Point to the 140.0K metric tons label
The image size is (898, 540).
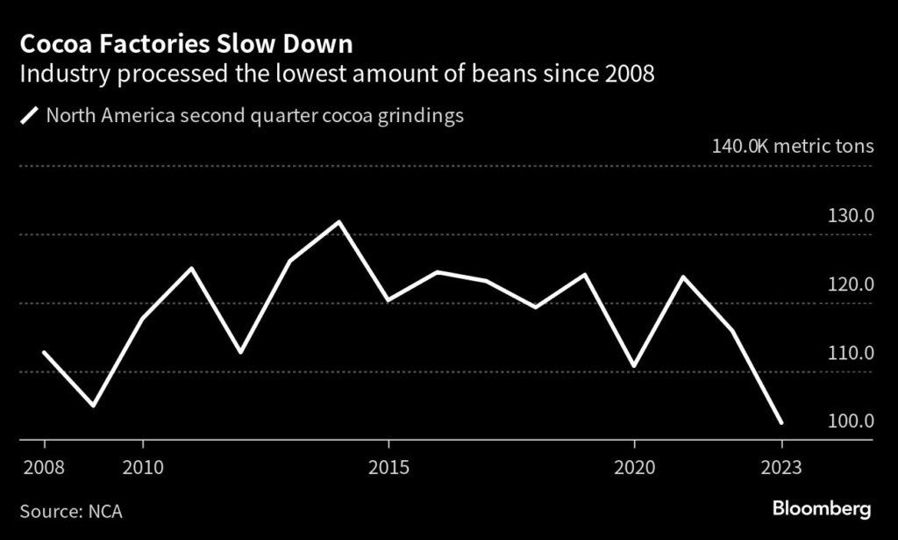[793, 145]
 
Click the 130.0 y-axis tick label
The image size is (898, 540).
[851, 216]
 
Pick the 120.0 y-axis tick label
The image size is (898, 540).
[851, 284]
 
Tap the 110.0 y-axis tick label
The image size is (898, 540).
[851, 353]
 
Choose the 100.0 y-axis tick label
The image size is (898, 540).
[851, 421]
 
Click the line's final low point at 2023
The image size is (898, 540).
[781, 423]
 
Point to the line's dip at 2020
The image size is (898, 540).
[634, 365]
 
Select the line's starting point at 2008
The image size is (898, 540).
[44, 352]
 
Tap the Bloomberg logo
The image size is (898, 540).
[821, 508]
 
